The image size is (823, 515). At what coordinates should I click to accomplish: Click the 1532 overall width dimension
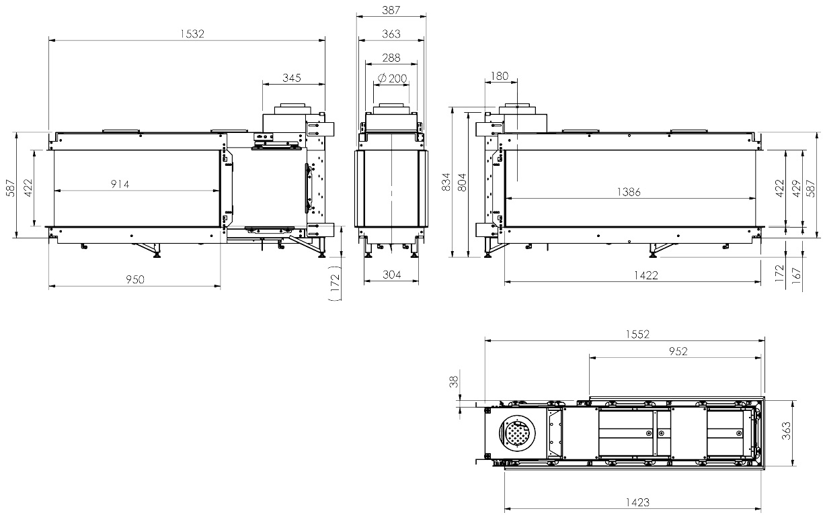click(192, 34)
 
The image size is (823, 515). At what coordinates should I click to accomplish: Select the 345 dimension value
click(292, 78)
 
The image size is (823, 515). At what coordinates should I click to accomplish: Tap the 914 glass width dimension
click(120, 184)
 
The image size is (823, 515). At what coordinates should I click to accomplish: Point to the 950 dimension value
click(135, 279)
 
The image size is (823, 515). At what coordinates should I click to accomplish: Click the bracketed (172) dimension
click(336, 283)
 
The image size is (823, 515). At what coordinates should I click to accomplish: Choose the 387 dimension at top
click(391, 10)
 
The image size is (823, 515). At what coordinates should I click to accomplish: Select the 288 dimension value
click(391, 58)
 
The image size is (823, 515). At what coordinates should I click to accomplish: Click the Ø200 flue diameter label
click(393, 78)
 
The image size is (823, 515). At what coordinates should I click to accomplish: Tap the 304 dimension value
click(391, 275)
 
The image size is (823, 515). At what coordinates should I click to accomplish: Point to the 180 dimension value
click(500, 76)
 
